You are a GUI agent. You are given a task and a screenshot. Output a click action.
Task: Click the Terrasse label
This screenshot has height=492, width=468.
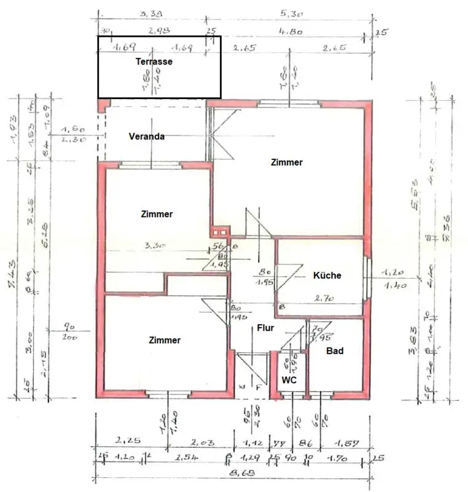click(154, 61)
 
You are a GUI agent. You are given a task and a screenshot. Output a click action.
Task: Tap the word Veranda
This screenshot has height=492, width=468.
click(146, 137)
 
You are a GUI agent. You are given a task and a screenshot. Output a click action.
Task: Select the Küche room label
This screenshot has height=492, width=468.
click(327, 276)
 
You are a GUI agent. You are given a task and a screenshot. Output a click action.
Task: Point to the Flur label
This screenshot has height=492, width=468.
click(265, 328)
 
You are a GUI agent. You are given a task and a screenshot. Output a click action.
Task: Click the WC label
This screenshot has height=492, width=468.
click(289, 381)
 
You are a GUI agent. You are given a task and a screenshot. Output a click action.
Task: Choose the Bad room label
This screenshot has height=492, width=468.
click(335, 351)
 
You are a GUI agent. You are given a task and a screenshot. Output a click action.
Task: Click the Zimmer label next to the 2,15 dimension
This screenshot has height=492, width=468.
click(165, 340)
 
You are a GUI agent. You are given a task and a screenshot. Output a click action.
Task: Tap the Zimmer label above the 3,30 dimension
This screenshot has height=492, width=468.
click(157, 215)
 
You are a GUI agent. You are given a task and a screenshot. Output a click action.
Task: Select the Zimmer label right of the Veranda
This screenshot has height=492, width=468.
click(286, 162)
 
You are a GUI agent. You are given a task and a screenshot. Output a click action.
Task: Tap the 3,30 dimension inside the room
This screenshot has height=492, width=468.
click(154, 245)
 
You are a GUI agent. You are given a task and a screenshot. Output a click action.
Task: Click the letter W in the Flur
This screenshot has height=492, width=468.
click(242, 386)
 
